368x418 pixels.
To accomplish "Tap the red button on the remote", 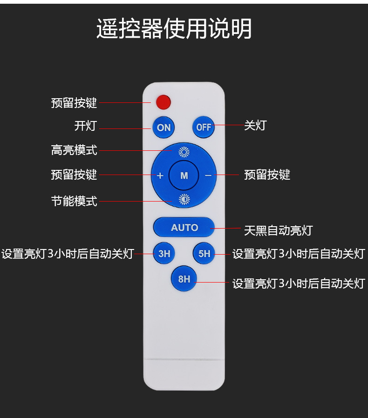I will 163,102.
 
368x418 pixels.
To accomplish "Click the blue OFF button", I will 204,127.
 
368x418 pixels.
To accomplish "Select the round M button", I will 184,175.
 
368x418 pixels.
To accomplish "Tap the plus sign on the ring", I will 160,175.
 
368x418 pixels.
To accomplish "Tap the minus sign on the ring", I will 208,175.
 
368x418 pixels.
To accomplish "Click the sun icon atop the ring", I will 184,152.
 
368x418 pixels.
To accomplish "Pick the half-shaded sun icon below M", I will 184,199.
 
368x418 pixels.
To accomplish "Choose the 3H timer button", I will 164,254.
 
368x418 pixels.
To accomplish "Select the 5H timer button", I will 204,254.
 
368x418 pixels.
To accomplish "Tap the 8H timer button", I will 184,279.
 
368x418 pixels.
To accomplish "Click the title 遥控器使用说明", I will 174,29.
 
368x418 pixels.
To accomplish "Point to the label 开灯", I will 86,126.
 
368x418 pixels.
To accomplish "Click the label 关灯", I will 255,125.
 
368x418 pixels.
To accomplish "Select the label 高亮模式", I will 74,150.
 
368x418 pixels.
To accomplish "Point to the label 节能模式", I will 74,201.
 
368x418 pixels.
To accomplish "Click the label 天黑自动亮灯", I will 278,230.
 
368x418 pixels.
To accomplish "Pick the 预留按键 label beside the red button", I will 74,103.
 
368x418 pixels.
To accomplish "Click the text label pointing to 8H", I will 298,283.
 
